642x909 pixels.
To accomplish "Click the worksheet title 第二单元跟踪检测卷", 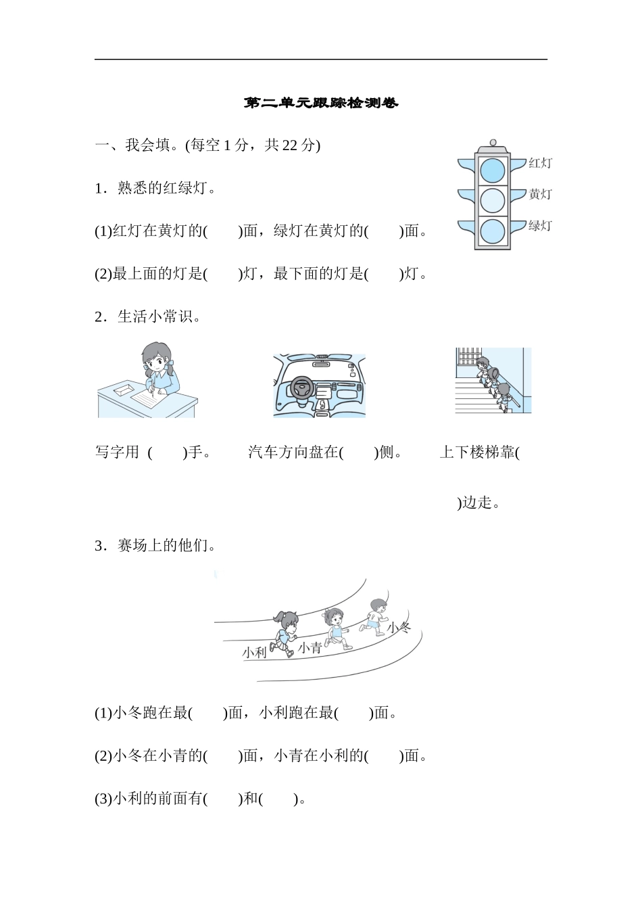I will (x=321, y=103).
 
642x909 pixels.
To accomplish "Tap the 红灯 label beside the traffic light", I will (x=540, y=163).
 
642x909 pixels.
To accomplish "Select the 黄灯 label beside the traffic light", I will (x=540, y=194).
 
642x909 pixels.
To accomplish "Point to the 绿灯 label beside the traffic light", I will (x=540, y=225).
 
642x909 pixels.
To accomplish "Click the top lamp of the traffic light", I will (x=493, y=170).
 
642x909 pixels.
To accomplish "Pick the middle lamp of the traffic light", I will (x=493, y=201).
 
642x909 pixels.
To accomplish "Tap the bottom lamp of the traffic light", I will (x=493, y=231).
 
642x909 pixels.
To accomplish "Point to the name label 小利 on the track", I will (x=255, y=652).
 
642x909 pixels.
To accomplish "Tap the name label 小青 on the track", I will (x=310, y=647).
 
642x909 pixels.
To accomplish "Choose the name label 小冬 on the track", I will (x=399, y=628).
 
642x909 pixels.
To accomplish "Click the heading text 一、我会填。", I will (x=138, y=145).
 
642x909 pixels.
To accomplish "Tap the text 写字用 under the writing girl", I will (x=117, y=452).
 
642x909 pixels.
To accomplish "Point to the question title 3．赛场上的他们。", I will (x=155, y=545).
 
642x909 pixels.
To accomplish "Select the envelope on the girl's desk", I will (x=124, y=390).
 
